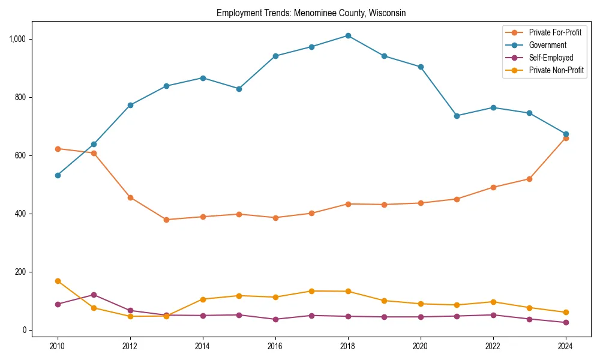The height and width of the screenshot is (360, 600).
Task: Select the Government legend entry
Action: pos(547,45)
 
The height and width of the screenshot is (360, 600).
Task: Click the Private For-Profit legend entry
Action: pos(554,32)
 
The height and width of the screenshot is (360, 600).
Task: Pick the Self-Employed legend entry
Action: pos(551,58)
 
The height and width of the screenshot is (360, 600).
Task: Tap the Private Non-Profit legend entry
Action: pos(556,70)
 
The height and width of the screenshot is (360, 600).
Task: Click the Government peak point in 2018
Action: pos(348,35)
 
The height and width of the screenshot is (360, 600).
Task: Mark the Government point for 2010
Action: pos(58,175)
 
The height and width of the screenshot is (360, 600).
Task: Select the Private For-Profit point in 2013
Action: pos(166,220)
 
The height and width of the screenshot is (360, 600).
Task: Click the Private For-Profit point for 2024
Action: pos(566,138)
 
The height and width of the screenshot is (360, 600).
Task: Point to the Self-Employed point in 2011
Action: pos(94,295)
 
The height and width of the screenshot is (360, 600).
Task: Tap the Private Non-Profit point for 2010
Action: pos(58,281)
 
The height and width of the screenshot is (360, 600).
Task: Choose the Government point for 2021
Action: pos(457,116)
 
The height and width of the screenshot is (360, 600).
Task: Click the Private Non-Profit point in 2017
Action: pos(311,291)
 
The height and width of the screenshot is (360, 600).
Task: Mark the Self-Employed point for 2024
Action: pos(566,323)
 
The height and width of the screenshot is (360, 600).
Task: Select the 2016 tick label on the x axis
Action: pos(275,346)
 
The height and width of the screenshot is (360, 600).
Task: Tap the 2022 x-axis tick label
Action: pos(493,346)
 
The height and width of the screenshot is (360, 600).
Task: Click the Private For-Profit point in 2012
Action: pos(130,197)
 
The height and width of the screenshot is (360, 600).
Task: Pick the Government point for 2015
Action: pos(239,89)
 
